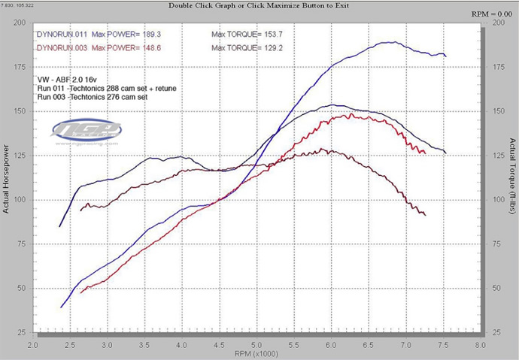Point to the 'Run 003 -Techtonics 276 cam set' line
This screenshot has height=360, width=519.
point(93,98)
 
